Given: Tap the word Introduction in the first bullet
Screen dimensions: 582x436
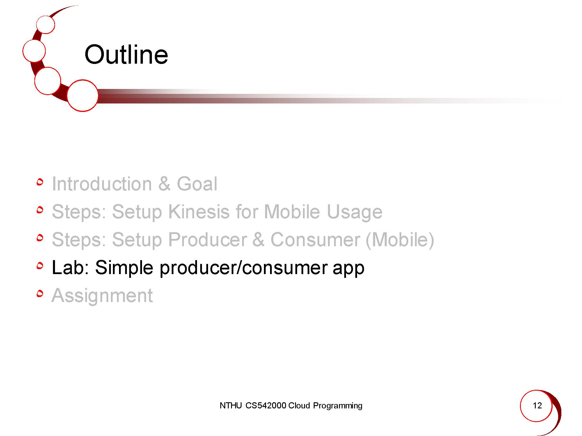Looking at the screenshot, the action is [102, 184].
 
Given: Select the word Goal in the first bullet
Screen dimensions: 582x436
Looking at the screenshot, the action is [197, 184].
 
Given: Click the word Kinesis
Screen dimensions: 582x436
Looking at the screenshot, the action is [199, 211].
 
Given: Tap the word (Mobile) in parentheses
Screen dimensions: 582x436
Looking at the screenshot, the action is [400, 240].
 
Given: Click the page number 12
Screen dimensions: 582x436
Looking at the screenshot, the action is [537, 405].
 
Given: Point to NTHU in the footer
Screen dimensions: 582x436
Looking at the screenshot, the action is [230, 405].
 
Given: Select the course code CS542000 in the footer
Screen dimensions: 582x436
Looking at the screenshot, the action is [266, 405].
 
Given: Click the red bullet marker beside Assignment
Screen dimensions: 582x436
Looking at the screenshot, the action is [40, 294].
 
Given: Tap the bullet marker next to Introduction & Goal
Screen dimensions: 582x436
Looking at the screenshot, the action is [40, 182].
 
